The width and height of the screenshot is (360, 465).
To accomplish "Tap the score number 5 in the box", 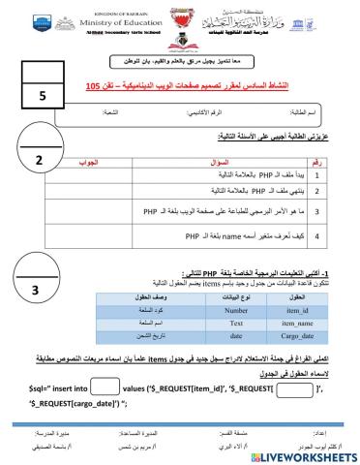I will pyautogui.click(x=43, y=97).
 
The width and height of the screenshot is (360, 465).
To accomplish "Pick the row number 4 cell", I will pyautogui.click(x=328, y=235).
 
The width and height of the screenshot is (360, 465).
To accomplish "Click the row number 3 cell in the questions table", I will pyautogui.click(x=328, y=210).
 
